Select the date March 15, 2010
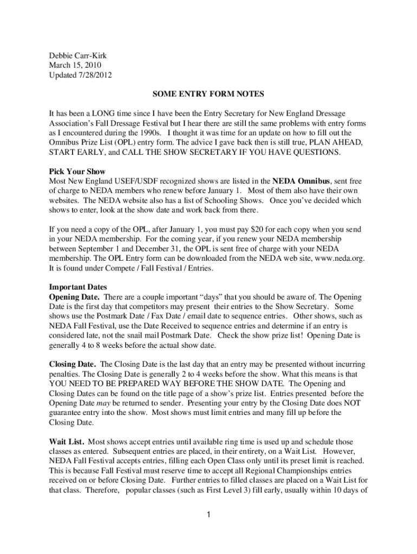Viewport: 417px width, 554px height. click(73, 65)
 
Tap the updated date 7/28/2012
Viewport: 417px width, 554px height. click(95, 75)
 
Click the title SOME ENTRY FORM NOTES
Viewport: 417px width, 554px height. click(208, 95)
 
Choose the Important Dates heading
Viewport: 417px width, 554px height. click(78, 287)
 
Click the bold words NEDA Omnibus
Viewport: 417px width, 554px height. click(301, 181)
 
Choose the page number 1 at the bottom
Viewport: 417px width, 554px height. click(208, 515)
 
